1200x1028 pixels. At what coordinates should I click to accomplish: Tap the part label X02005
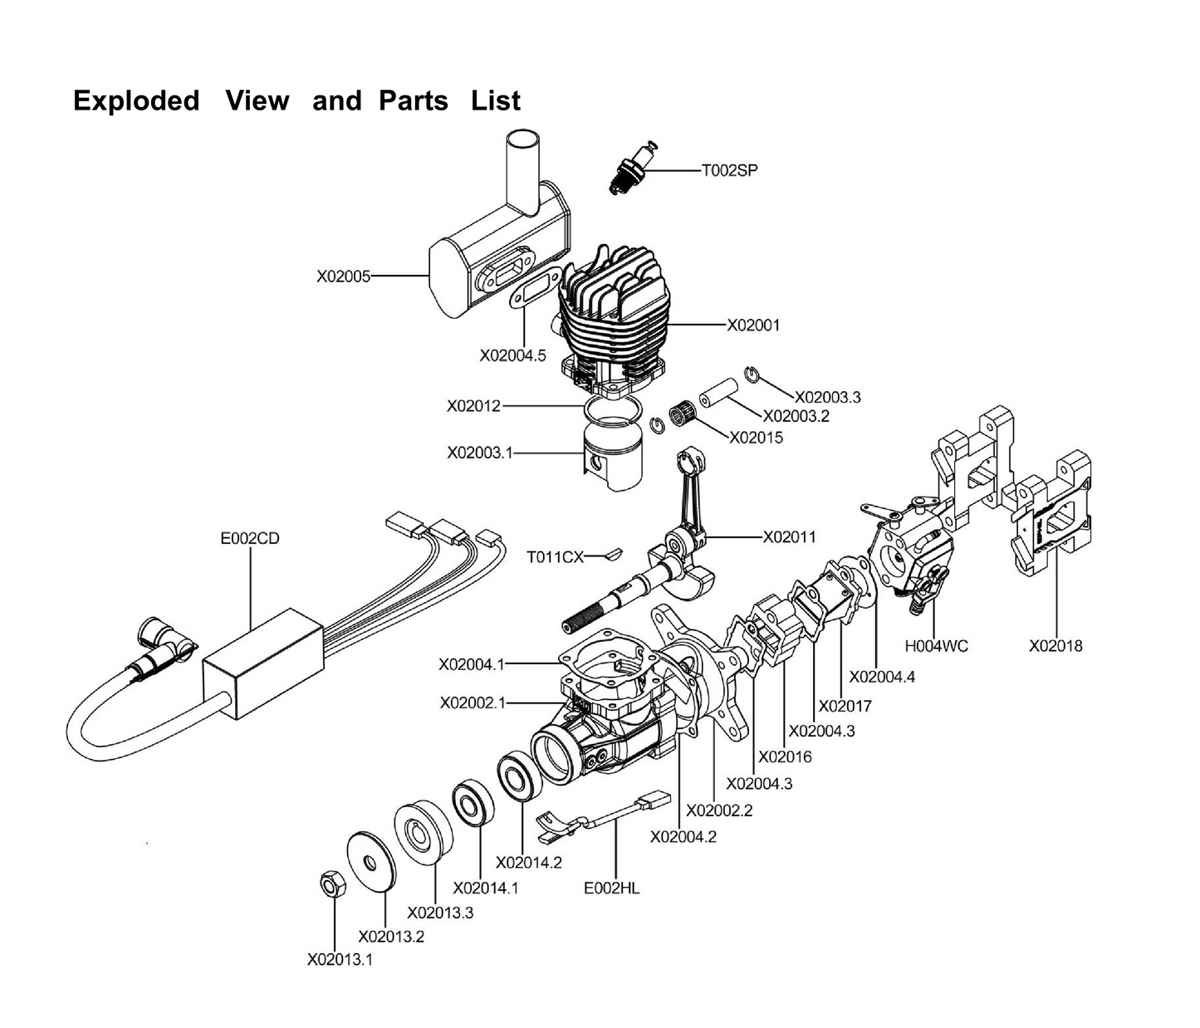[x=343, y=277]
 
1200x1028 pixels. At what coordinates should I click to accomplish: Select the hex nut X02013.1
[x=330, y=885]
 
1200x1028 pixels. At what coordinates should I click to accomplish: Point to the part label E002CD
[x=250, y=538]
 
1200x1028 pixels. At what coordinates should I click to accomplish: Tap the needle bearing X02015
[x=686, y=414]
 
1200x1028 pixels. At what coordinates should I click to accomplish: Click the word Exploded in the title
[x=136, y=100]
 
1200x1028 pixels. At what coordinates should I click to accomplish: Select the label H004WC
[x=936, y=645]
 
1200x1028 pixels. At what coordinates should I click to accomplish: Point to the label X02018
[x=1056, y=645]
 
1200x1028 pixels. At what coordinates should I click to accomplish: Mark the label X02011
[x=790, y=537]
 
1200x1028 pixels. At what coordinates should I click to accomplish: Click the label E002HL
[x=612, y=888]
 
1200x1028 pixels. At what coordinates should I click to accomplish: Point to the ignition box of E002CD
[x=262, y=664]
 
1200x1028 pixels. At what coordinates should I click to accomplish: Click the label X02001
[x=753, y=326]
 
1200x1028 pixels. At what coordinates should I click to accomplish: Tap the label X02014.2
[x=528, y=863]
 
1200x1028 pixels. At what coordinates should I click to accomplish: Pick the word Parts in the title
[x=414, y=100]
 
